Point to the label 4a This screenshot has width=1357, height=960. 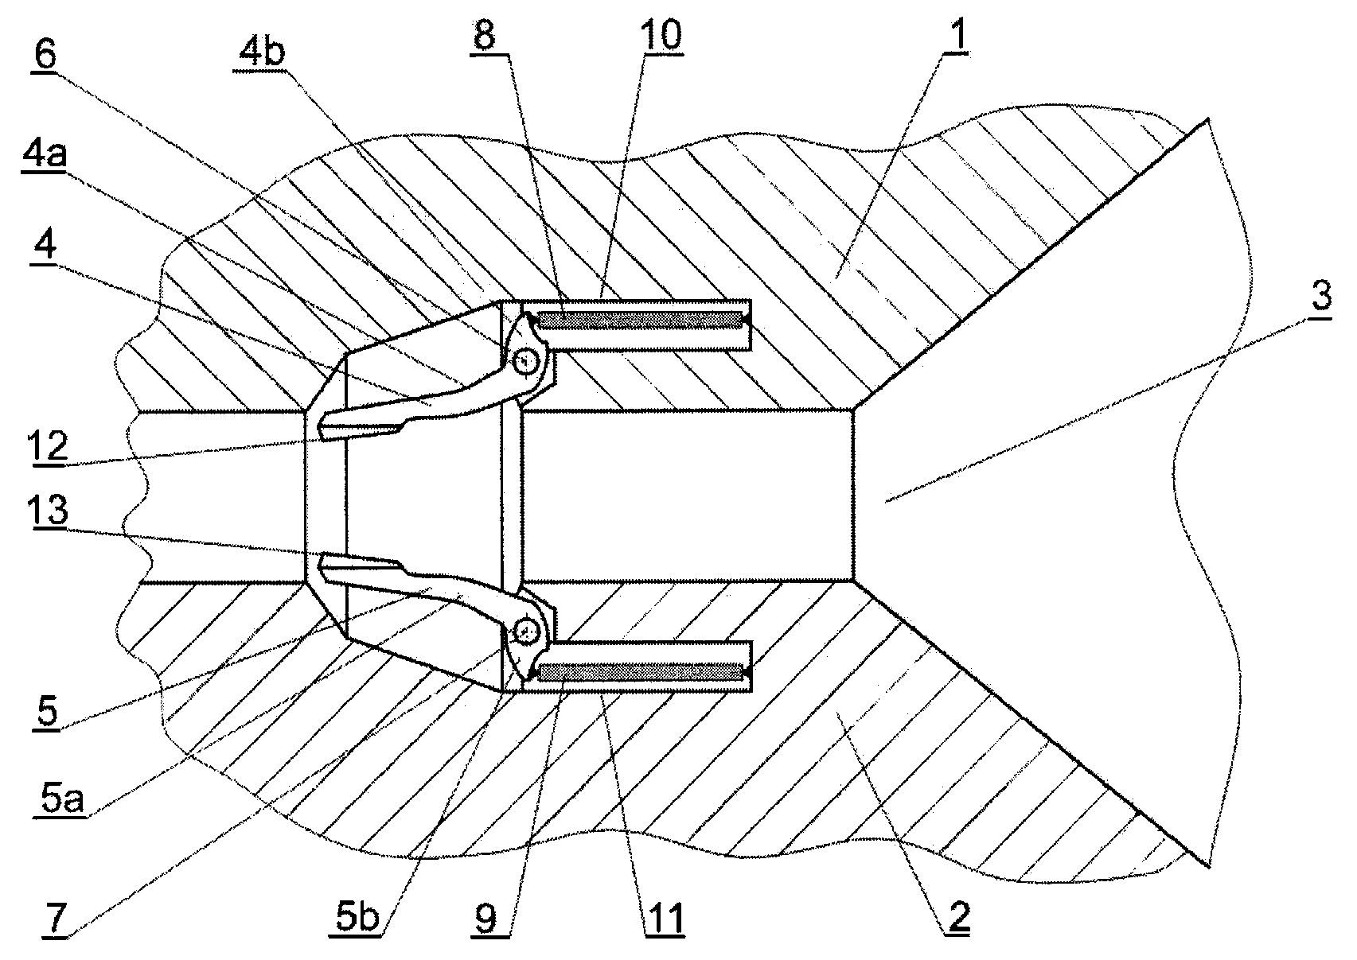[x=44, y=152]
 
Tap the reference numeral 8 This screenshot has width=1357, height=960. [x=485, y=34]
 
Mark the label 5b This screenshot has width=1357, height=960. [x=357, y=918]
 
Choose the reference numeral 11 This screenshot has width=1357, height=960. [x=665, y=918]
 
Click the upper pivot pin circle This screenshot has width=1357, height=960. [x=524, y=361]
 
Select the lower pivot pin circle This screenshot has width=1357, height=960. [x=526, y=632]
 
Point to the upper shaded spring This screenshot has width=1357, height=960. [x=641, y=320]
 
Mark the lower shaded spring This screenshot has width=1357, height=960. [x=641, y=672]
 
